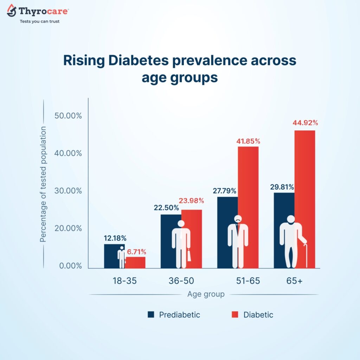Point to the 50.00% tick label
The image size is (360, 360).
(x=68, y=116)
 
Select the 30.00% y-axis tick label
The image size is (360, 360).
(x=68, y=191)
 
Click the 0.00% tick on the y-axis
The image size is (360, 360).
(x=70, y=266)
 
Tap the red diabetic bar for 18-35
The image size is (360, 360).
(x=136, y=262)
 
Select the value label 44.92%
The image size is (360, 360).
(x=305, y=123)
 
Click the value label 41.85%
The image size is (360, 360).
(x=248, y=141)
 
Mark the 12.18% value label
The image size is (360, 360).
(x=115, y=238)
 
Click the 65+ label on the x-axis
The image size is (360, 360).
(x=295, y=281)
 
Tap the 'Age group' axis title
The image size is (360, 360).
(x=206, y=294)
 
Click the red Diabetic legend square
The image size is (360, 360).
(x=234, y=314)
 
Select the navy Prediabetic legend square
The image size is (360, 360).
(x=151, y=314)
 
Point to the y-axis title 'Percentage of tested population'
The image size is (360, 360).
(x=43, y=185)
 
